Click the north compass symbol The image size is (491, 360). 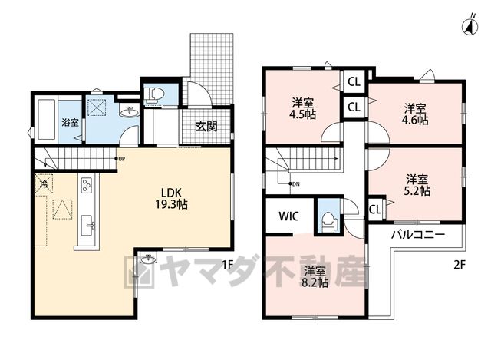click(x=470, y=25)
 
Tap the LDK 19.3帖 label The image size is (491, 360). click(x=171, y=198)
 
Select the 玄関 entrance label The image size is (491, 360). click(x=206, y=126)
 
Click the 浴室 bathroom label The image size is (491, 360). click(x=70, y=122)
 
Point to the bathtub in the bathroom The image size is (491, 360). click(x=47, y=119)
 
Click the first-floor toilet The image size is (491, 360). click(x=155, y=94)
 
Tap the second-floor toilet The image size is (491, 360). click(x=328, y=221)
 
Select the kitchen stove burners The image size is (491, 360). click(x=87, y=185)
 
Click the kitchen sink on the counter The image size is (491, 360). click(x=87, y=225)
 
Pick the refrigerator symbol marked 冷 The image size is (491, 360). click(x=44, y=183)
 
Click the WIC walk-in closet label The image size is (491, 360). click(x=288, y=216)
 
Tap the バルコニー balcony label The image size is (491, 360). click(x=417, y=235)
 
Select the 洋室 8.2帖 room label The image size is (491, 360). click(x=315, y=277)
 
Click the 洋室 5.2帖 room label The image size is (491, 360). click(x=417, y=185)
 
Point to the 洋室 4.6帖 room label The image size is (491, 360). click(x=415, y=114)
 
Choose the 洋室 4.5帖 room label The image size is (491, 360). click(x=302, y=108)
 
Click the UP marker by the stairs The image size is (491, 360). click(x=121, y=159)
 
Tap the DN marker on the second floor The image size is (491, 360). click(x=295, y=184)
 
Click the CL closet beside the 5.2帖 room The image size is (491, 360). click(x=375, y=210)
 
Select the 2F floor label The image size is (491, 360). click(x=460, y=265)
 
